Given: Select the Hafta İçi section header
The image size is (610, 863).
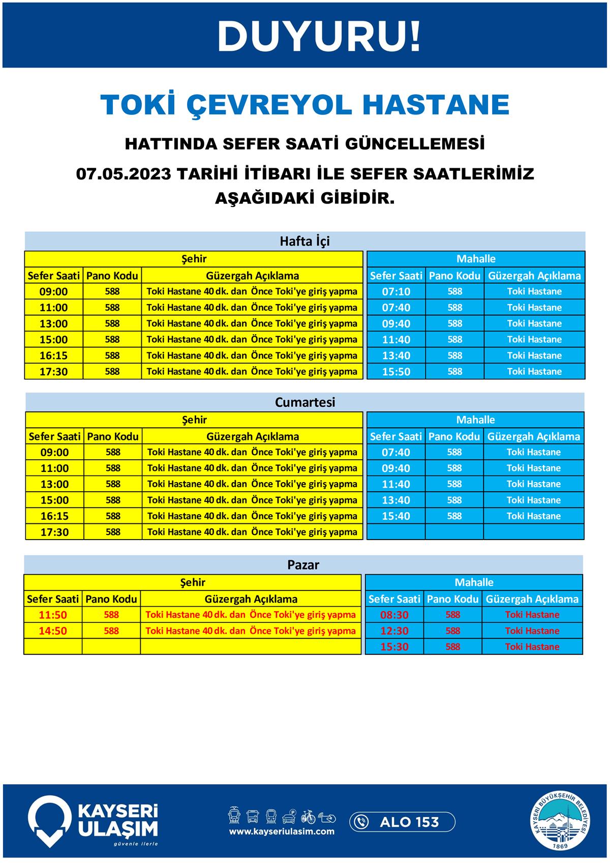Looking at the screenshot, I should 304,241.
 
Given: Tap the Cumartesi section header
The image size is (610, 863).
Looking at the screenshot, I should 304,402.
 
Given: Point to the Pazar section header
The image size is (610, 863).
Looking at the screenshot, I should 303,564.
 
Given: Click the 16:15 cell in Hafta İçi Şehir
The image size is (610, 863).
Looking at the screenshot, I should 54,355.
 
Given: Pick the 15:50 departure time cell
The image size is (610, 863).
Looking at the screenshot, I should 396,372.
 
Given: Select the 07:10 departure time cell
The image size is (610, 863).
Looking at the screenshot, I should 396,291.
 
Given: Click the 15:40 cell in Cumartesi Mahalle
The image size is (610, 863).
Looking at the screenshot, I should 395,516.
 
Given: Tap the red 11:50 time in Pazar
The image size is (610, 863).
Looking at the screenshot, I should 53,615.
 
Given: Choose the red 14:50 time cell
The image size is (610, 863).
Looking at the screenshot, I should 53,631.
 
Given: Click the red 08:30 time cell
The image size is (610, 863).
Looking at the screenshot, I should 394,615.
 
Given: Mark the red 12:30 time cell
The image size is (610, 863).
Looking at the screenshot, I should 394,631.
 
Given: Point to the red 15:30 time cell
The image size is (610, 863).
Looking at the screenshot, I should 394,647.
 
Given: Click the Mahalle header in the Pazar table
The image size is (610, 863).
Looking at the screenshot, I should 474,582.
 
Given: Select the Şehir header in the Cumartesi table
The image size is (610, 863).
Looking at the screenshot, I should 194,420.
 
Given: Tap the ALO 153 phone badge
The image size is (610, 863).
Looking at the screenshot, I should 402,822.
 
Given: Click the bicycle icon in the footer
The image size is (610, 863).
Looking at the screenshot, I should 308,817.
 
